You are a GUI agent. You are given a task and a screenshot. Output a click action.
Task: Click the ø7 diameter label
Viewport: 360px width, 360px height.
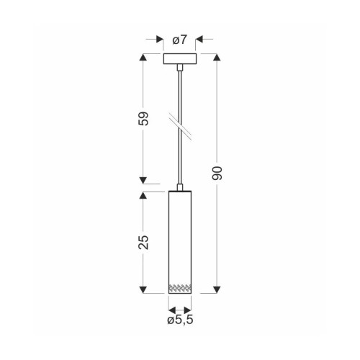pyautogui.click(x=179, y=40)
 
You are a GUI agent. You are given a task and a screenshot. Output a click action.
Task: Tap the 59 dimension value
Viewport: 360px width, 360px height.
pyautogui.click(x=143, y=119)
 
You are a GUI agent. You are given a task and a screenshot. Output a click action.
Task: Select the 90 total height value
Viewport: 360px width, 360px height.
pyautogui.click(x=217, y=173)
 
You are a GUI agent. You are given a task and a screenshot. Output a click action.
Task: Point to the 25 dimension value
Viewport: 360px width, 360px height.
pyautogui.click(x=143, y=243)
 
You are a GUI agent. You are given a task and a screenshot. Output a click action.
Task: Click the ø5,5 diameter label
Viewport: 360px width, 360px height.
pyautogui.click(x=180, y=320)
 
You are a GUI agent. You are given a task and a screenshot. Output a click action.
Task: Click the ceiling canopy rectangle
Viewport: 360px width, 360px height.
pyautogui.click(x=180, y=59)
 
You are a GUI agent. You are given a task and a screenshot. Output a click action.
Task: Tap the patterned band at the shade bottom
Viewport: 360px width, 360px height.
pyautogui.click(x=180, y=289)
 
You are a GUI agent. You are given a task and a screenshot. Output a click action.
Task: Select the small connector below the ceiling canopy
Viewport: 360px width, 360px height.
pyautogui.click(x=179, y=68)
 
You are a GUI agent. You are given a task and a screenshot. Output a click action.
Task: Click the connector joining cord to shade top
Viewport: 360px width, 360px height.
pyautogui.click(x=180, y=187)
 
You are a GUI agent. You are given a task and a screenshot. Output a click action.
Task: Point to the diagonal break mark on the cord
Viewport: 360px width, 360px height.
pyautogui.click(x=181, y=126)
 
